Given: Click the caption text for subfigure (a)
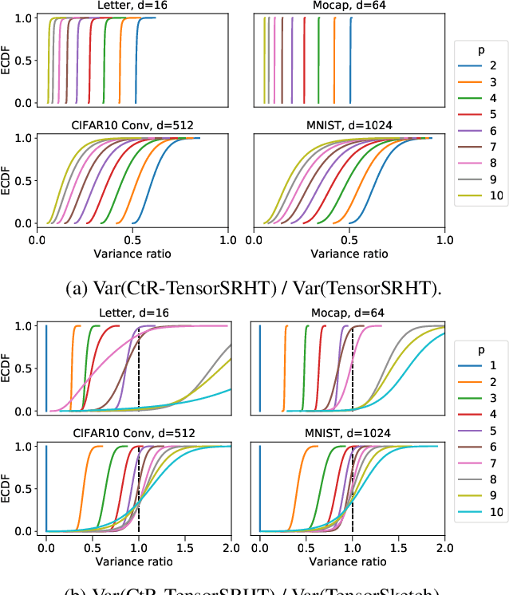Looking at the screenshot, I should (254, 287).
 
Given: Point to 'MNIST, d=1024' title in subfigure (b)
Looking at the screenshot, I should (349, 433).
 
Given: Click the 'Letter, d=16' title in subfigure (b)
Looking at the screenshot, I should (132, 313).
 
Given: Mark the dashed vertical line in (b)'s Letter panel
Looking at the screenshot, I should (139, 375).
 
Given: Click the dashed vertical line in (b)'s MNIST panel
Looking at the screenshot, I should (353, 495).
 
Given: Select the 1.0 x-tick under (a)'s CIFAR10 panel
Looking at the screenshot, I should (228, 239).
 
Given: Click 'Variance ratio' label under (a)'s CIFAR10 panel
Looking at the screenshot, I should (132, 254).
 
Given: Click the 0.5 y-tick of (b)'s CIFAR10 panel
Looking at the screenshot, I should (26, 488).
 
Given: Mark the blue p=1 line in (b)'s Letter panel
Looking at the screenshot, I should (47, 367).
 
